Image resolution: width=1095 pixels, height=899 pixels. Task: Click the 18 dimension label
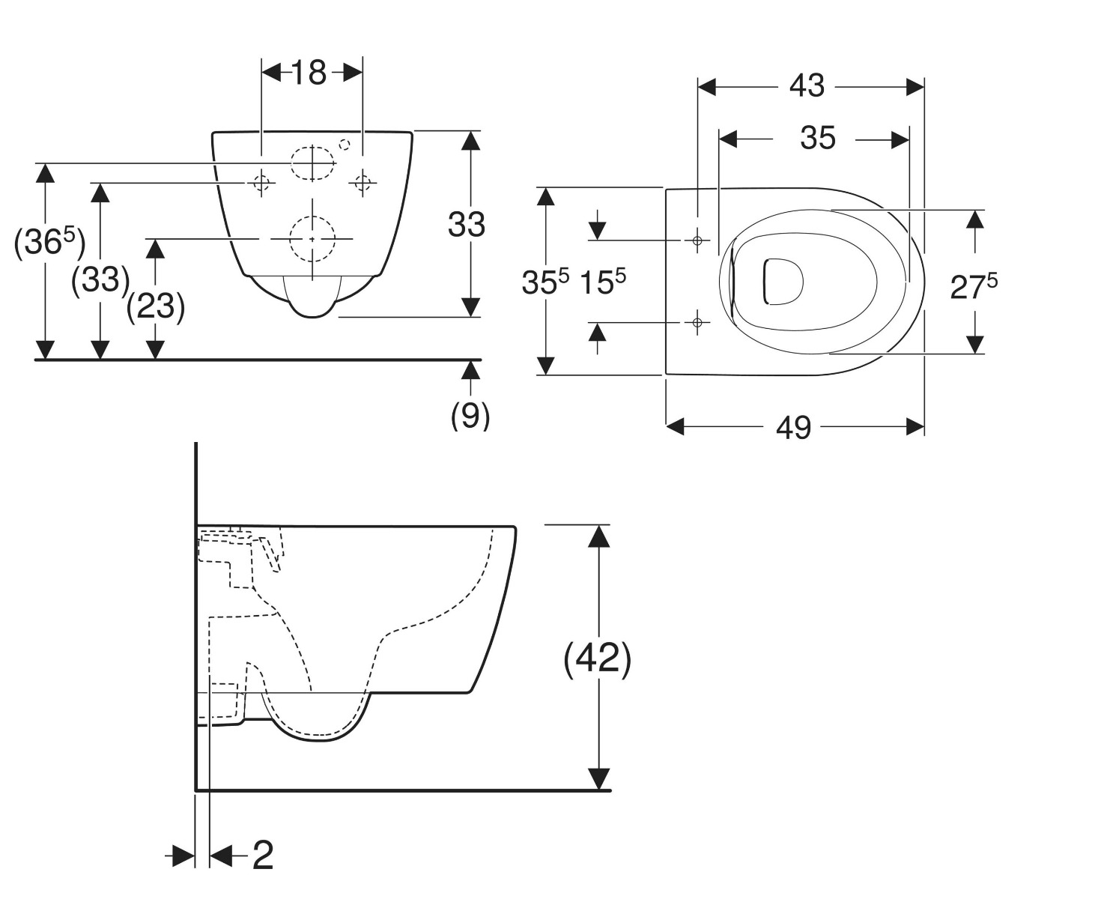pos(309,73)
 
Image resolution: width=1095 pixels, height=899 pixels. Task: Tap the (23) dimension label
pos(156,306)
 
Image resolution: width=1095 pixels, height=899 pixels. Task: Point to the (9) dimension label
pos(470,414)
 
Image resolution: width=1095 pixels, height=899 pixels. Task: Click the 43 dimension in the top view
pos(807,86)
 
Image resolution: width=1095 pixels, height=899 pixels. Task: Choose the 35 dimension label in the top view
pos(817,139)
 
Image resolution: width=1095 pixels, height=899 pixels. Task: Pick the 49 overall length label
pos(793,428)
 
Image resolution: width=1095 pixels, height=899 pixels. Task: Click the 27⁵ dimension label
pos(974,286)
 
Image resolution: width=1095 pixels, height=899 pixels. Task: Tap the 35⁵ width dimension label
pos(545,282)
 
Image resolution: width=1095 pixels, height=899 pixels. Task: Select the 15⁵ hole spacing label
pos(603,282)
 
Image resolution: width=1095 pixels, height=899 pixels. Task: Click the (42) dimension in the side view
pos(598,659)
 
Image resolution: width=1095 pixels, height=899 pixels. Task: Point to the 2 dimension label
pos(262,855)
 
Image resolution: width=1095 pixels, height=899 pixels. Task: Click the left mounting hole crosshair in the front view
pos(261,182)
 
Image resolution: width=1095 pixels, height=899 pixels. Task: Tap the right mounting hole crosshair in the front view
pos(363,182)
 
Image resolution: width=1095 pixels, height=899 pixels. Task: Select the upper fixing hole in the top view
pos(697,240)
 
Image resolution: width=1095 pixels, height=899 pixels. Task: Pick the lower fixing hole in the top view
pos(697,323)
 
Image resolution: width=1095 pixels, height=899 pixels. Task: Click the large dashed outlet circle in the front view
pos(312,238)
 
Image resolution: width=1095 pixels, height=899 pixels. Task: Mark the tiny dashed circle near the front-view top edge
pos(345,145)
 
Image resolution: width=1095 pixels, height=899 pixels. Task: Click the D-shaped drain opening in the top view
pos(783,282)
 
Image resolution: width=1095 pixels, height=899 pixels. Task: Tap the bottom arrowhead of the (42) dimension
pos(598,778)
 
